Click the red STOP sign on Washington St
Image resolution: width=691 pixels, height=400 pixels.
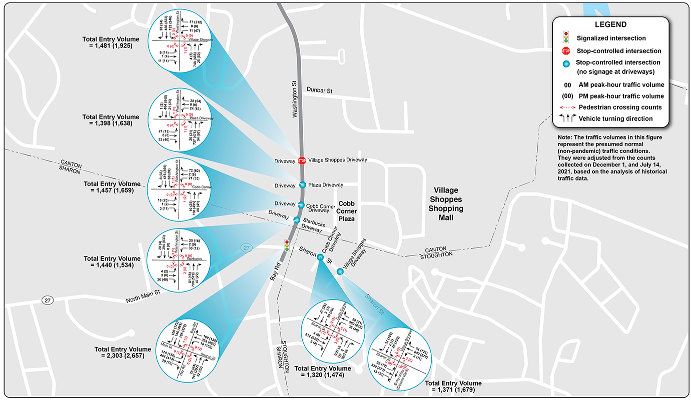302,160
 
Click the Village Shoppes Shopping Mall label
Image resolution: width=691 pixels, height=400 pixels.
448,204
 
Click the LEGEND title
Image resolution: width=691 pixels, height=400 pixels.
610,24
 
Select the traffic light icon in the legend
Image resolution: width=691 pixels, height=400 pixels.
565,37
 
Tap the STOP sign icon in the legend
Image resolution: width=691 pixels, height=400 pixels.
565,50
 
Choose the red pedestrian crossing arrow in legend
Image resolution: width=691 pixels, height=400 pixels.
565,107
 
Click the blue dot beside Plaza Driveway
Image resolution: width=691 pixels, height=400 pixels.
302,185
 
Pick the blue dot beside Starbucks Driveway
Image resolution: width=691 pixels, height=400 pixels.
297,220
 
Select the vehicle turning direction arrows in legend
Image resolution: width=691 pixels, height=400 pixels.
565,119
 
